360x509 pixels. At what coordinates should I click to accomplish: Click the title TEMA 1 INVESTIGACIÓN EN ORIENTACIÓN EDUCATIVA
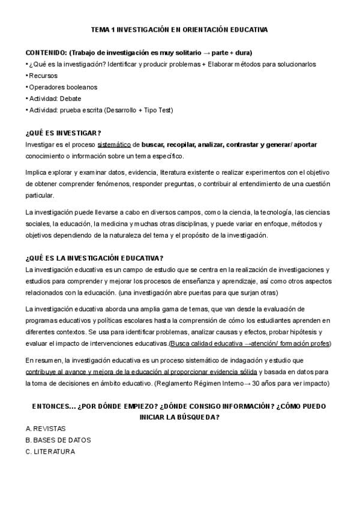point(179,29)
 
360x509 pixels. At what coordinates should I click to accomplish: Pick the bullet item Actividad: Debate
point(55,98)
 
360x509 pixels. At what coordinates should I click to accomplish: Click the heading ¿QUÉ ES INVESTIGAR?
point(63,133)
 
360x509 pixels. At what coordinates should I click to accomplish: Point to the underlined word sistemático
point(114,145)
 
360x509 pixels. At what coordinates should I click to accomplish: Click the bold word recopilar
point(187,145)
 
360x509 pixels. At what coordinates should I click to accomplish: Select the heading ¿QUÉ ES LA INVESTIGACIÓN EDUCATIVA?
point(94,258)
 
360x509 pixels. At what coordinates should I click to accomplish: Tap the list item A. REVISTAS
point(46,429)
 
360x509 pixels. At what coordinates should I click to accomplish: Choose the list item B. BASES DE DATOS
point(58,440)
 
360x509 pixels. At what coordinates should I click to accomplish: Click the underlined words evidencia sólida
point(227,372)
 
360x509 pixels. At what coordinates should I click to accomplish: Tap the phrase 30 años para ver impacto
point(290,383)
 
